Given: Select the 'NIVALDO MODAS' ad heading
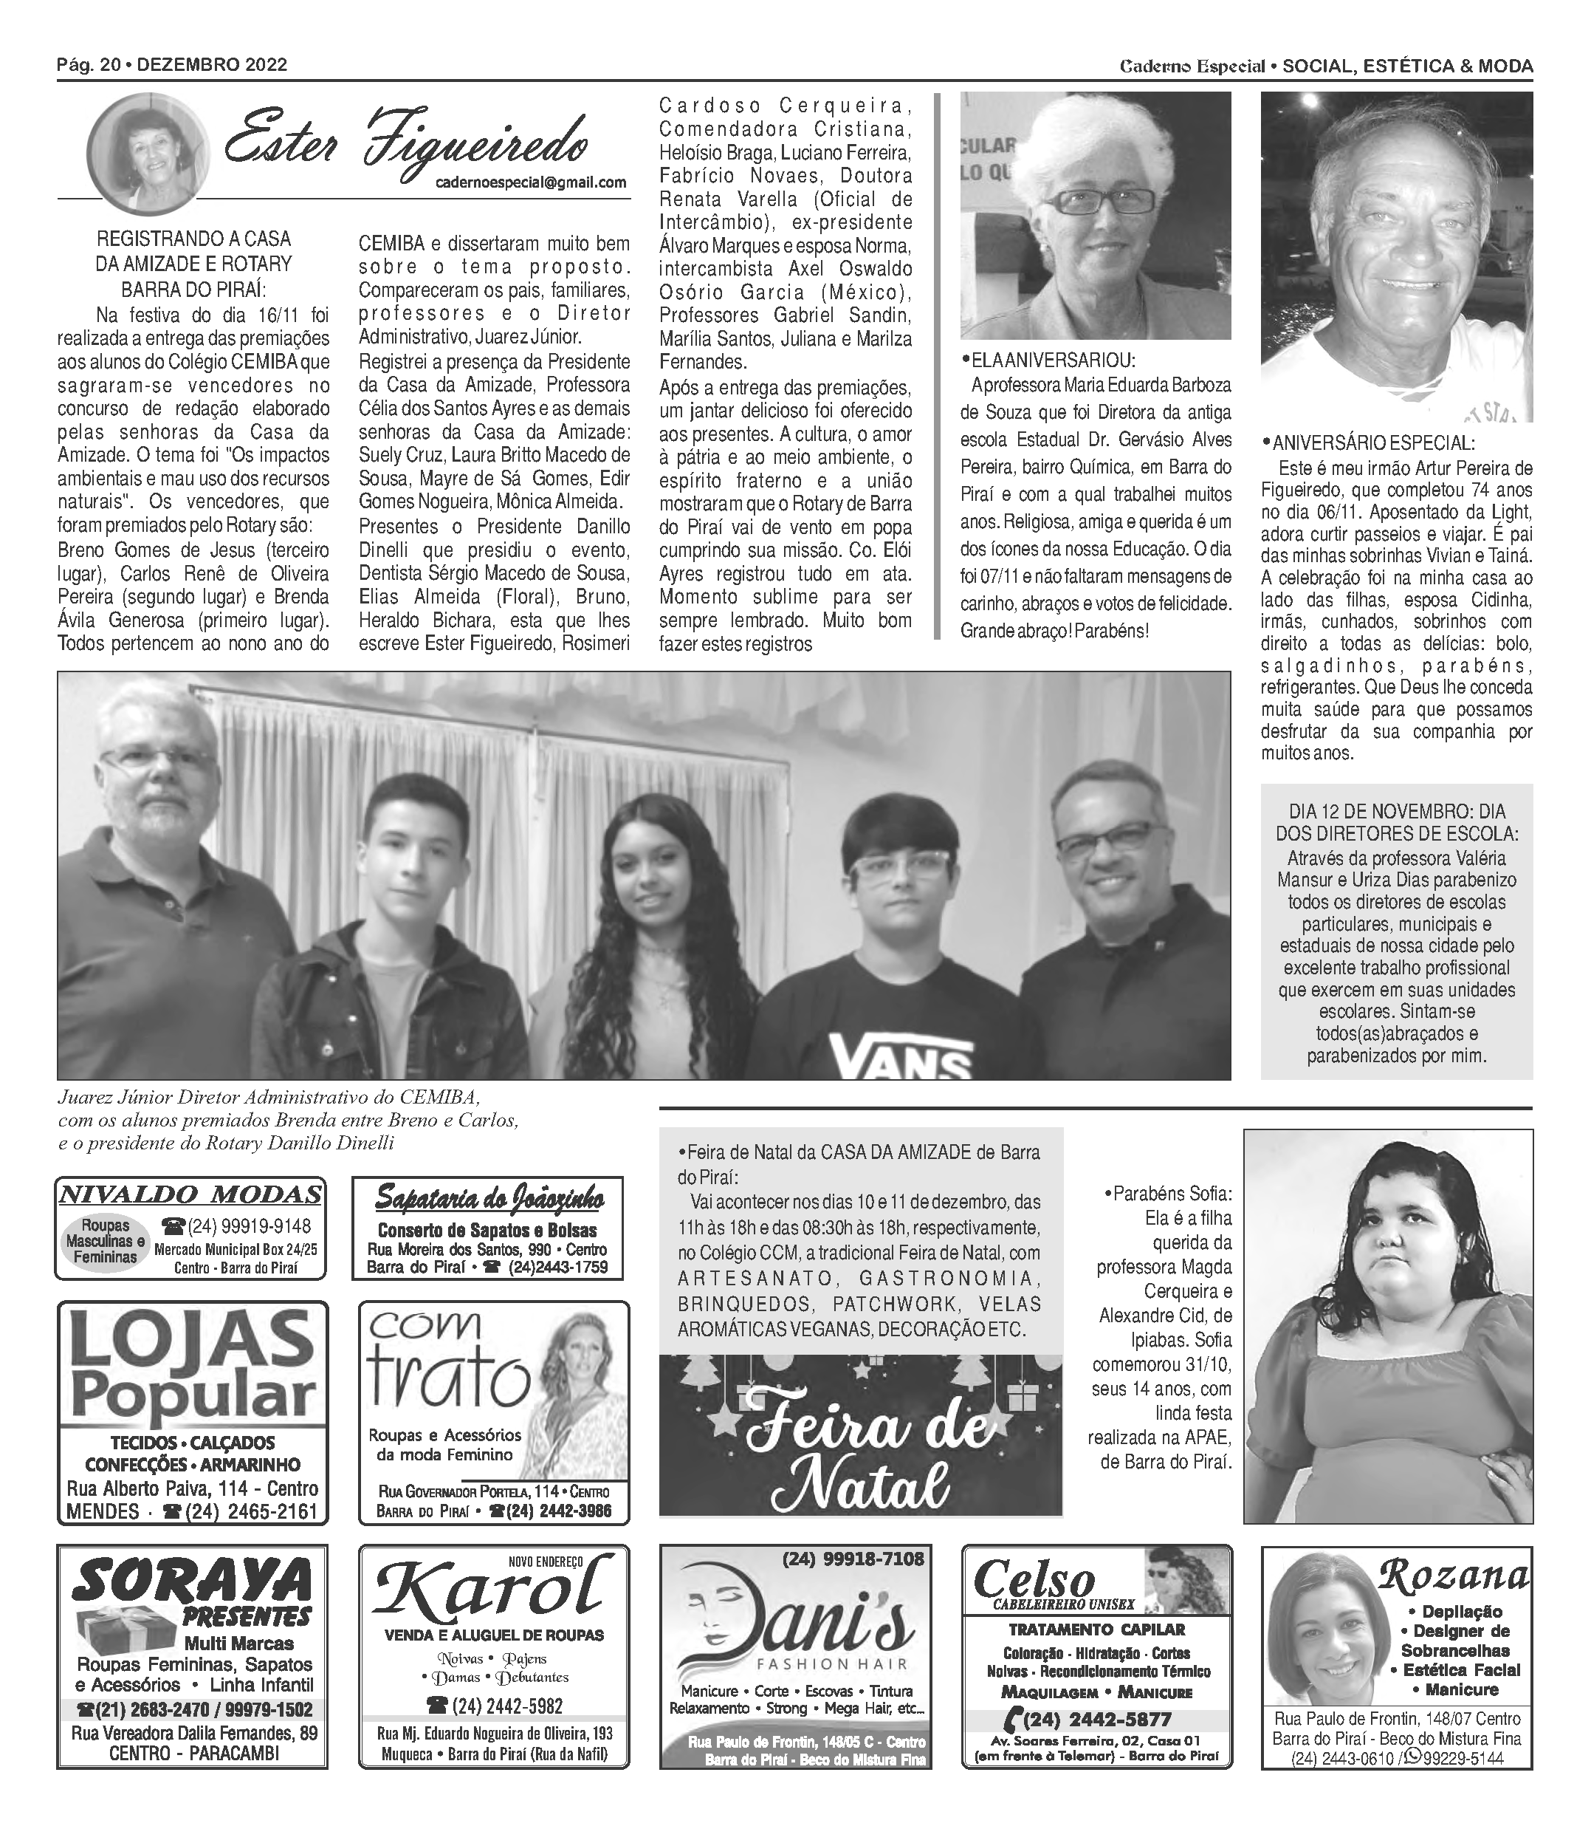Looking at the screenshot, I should point(190,1194).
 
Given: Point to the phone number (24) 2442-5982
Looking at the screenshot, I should point(495,1705).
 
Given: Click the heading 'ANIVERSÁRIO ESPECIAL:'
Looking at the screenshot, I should point(1372,443).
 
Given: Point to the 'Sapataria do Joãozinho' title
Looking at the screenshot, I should point(489,1200).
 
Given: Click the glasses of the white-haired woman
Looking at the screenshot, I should point(1103,201).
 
